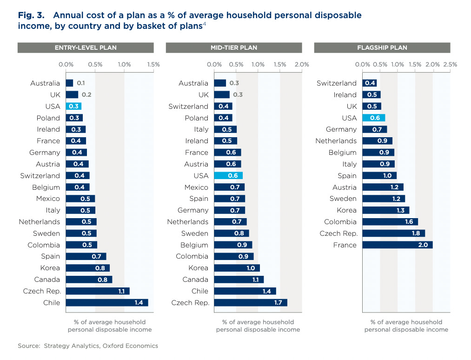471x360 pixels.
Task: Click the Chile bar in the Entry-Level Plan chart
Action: click(107, 303)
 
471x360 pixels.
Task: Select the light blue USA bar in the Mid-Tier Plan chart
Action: click(228, 176)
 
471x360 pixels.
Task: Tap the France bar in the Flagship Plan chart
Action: click(397, 245)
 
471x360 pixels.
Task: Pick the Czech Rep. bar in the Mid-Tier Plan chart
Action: click(251, 303)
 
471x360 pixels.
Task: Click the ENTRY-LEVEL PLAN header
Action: click(86, 47)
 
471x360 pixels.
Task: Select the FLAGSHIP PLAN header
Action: click(382, 47)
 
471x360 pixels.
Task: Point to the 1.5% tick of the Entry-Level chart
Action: click(153, 65)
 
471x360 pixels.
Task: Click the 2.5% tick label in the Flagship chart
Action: click(450, 65)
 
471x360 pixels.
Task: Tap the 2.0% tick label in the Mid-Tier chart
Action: click(302, 65)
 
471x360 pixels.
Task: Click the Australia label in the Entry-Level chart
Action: click(45, 83)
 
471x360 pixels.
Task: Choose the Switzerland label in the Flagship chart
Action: click(336, 83)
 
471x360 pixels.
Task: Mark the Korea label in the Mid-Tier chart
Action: click(198, 268)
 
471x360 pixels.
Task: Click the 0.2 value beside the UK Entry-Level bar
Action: click(86, 95)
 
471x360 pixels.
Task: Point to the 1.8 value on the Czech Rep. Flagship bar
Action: click(416, 233)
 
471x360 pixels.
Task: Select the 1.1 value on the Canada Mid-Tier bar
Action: click(255, 280)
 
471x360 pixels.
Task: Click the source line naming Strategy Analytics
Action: click(88, 346)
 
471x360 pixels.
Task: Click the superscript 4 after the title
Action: click(204, 24)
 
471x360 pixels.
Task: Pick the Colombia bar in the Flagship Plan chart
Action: click(390, 222)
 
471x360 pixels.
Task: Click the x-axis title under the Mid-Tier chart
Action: click(258, 326)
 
